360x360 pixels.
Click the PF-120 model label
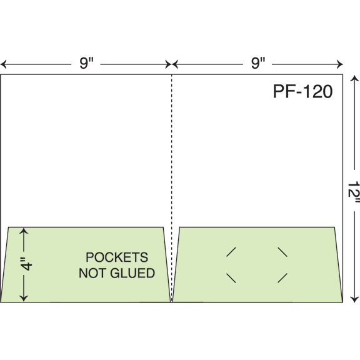[x=302, y=91]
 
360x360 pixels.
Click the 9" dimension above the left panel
[x=86, y=63]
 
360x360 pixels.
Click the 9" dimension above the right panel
[x=258, y=63]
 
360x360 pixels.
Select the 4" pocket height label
[x=26, y=264]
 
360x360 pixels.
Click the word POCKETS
[x=117, y=257]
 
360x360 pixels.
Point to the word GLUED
[x=132, y=273]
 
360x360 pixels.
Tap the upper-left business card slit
[x=231, y=252]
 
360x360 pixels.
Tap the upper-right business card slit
[x=282, y=252]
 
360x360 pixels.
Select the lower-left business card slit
[x=231, y=278]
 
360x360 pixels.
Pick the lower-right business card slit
[x=282, y=278]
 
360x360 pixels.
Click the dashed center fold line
[x=172, y=188]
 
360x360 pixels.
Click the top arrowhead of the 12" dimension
[x=354, y=79]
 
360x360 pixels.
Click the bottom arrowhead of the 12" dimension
[x=354, y=299]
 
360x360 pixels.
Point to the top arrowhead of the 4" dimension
[x=24, y=231]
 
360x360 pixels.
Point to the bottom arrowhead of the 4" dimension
[x=24, y=298]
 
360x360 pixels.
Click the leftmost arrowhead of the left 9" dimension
[x=3, y=64]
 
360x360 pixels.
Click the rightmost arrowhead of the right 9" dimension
[x=340, y=64]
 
